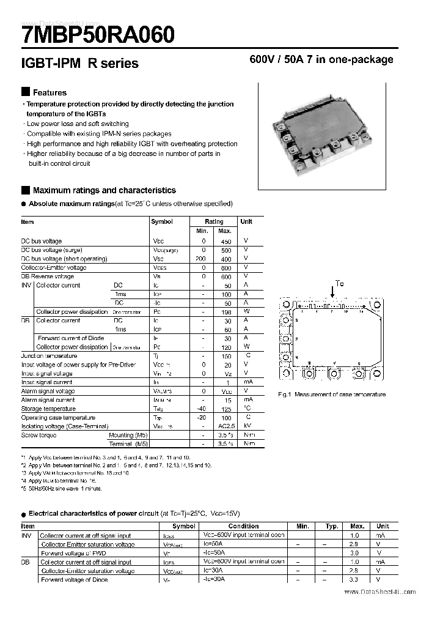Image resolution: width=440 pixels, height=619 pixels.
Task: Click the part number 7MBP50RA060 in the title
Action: [98, 35]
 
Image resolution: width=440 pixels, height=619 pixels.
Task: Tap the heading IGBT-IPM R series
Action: [80, 63]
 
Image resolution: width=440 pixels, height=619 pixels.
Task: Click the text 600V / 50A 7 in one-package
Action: [321, 59]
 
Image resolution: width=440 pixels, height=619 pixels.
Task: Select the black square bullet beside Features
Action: [25, 92]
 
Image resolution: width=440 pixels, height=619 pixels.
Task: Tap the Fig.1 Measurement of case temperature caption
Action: [332, 395]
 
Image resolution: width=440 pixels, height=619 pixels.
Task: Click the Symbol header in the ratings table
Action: [162, 222]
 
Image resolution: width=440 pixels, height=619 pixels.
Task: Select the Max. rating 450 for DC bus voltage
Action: [224, 241]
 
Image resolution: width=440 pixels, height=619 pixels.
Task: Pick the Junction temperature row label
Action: [49, 355]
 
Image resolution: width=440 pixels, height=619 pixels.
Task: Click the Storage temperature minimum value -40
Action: [202, 409]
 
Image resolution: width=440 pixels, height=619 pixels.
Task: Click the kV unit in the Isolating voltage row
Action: [247, 426]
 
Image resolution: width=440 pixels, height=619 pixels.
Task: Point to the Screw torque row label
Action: [38, 435]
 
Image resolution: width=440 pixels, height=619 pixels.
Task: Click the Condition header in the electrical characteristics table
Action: [244, 526]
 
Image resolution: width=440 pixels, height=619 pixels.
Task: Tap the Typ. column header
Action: [332, 526]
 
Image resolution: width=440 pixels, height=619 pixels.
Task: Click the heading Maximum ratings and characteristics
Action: [104, 190]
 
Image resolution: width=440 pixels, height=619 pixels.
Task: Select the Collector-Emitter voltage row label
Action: [54, 267]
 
